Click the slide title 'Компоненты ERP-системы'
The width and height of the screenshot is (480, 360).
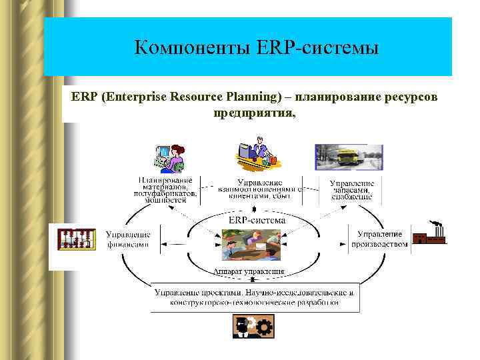point(256,48)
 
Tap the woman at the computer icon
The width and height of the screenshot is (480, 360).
point(170,158)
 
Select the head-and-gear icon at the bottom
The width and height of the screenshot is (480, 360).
point(253,327)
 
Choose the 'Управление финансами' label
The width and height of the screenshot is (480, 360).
point(128,239)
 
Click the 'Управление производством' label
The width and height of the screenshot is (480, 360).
point(379,239)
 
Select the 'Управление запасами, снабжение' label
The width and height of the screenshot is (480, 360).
point(351,189)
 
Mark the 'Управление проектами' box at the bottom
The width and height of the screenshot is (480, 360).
point(255,297)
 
